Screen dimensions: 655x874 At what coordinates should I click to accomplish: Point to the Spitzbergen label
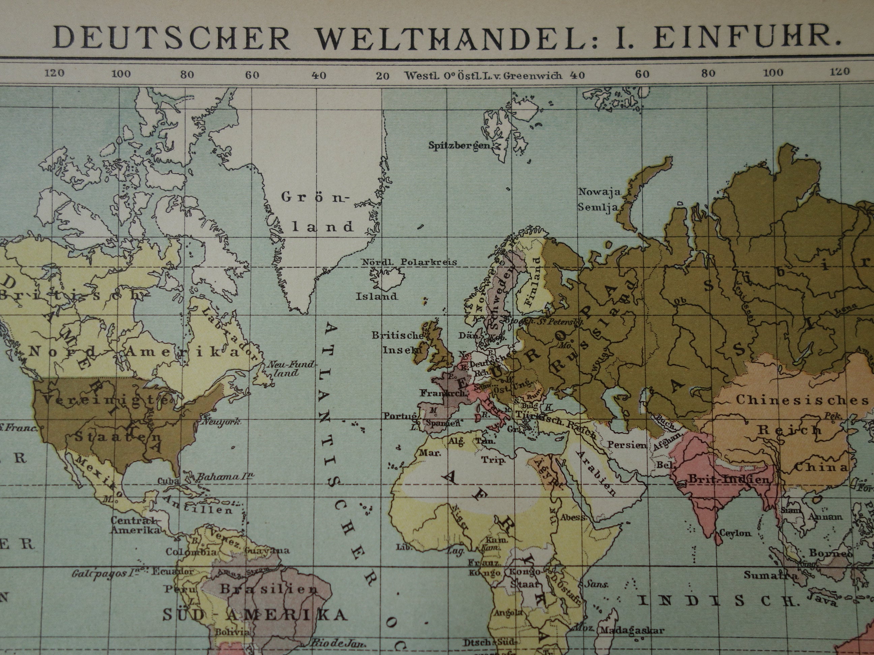[459, 146]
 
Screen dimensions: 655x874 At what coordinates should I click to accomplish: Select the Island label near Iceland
[377, 297]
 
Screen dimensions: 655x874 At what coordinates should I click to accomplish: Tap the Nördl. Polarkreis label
[409, 262]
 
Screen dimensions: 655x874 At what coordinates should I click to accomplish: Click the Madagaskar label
[632, 630]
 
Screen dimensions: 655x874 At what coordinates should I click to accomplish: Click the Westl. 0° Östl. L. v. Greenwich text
[483, 76]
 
